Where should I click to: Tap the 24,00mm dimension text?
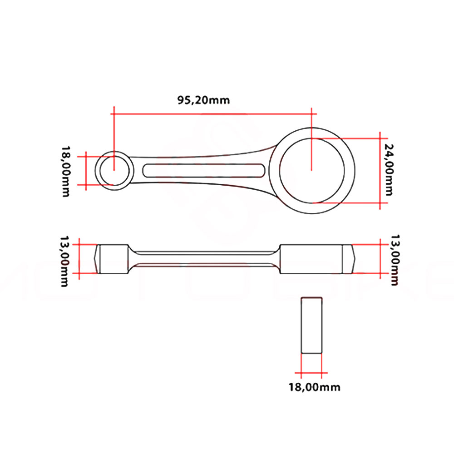coord(389,169)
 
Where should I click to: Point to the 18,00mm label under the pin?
coord(314,387)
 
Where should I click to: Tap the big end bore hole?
coord(311,170)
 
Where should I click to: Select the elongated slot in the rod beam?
coord(204,170)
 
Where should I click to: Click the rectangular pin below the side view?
coord(312,325)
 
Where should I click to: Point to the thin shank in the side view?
coord(204,259)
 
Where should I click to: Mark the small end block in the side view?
coord(114,259)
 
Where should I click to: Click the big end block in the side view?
coord(311,259)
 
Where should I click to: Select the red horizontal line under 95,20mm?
coord(213,114)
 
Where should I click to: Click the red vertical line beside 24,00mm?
coord(380,170)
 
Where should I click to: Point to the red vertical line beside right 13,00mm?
coord(380,259)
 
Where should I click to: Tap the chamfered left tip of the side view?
coord(97,259)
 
